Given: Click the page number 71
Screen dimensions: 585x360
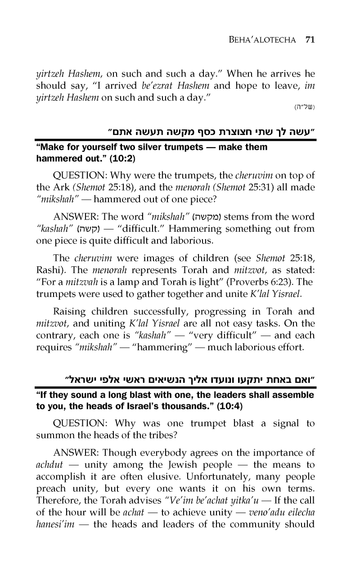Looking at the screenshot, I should [309, 39].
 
